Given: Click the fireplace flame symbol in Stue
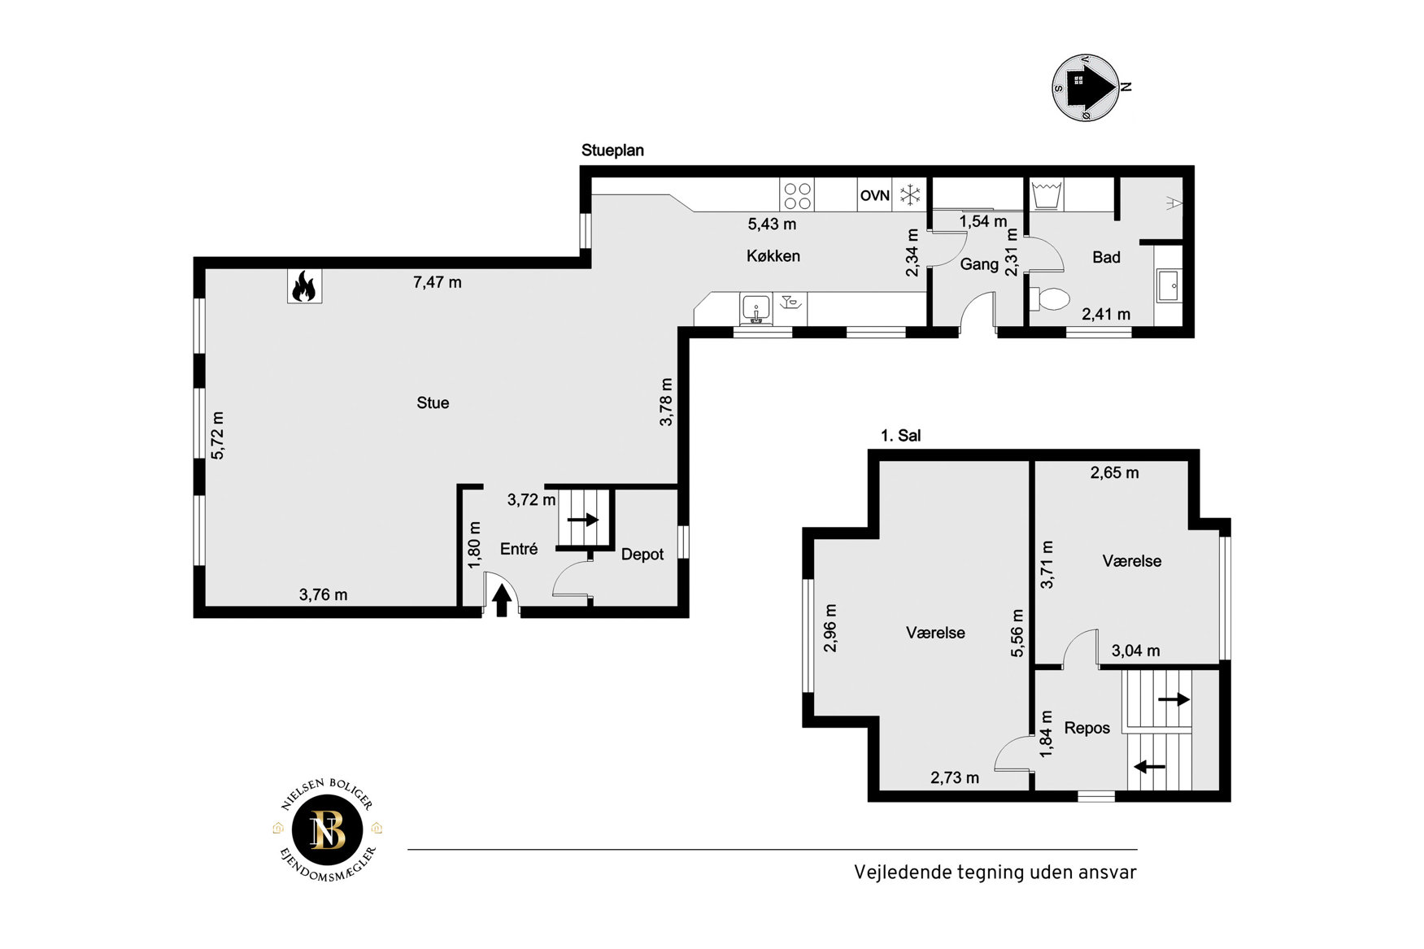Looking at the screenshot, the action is [x=304, y=286].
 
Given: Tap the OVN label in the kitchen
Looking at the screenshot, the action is [x=875, y=195].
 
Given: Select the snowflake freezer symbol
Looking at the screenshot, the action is [x=910, y=195].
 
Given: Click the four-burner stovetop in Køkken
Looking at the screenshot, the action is [x=797, y=196].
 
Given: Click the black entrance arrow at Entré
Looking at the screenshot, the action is [x=502, y=600].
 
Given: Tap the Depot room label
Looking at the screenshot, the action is [x=642, y=555].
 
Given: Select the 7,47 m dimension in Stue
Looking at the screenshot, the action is [x=438, y=282].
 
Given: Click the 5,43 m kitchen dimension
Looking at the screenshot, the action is [x=772, y=224].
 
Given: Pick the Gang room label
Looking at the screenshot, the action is [x=979, y=264].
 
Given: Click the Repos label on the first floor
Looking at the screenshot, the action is [x=1087, y=728].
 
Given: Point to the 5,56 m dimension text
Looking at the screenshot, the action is [x=1017, y=633].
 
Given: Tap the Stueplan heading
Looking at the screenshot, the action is [x=612, y=150].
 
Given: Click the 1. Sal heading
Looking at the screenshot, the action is [x=901, y=436].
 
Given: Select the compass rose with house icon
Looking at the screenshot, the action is [x=1087, y=88].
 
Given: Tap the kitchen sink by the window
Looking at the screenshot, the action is [x=756, y=310].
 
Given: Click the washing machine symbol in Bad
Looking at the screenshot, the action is [x=1047, y=195].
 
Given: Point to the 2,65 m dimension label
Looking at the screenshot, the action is [x=1114, y=472].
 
